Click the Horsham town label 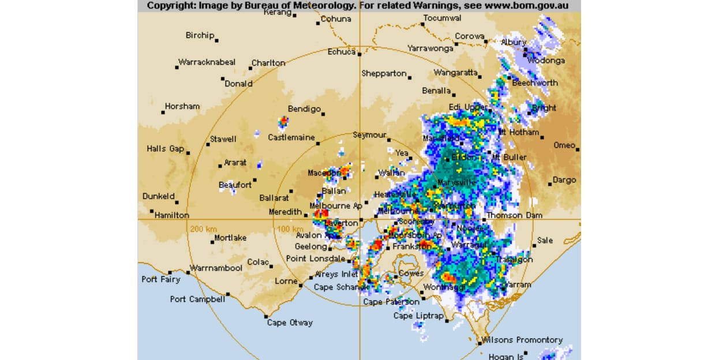point(182,106)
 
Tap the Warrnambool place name point(216,268)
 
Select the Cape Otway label point(290,322)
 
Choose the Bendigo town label point(304,108)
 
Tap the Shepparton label point(384,73)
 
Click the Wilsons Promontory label point(522,340)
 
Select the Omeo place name point(564,145)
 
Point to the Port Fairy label point(161,279)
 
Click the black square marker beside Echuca point(359,54)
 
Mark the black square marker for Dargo point(550,184)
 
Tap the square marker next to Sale point(534,245)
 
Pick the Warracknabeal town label point(207,62)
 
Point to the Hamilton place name point(172,215)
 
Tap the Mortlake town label point(230,238)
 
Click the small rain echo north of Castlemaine point(283,122)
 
